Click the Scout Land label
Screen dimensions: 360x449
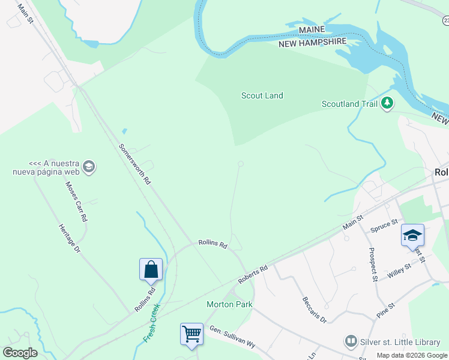[262, 95]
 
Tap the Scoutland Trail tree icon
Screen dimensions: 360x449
[387, 104]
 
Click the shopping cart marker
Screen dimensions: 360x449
[191, 334]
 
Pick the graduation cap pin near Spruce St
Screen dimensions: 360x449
[412, 235]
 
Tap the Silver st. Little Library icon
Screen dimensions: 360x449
[351, 342]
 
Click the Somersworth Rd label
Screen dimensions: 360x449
[134, 164]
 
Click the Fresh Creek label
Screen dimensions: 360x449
[152, 323]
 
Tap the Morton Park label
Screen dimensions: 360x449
[229, 304]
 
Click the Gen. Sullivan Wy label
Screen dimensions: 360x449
[232, 337]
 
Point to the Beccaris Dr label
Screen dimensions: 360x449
[314, 308]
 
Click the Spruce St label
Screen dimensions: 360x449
[384, 226]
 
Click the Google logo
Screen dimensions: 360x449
[20, 353]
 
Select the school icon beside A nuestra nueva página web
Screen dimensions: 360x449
[89, 167]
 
